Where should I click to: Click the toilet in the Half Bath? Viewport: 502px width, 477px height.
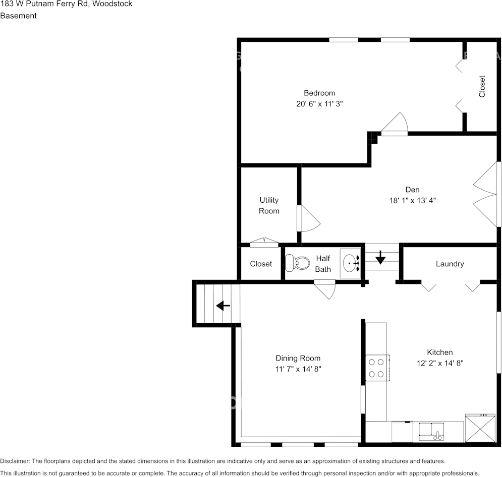pyautogui.click(x=298, y=263)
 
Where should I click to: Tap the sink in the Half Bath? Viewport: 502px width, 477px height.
pyautogui.click(x=351, y=263)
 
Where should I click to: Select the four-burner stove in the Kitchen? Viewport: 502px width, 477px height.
pyautogui.click(x=377, y=368)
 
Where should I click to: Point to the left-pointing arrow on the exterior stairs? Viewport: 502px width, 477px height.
pyautogui.click(x=223, y=306)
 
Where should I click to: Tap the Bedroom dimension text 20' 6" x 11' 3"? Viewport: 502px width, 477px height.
pyautogui.click(x=319, y=104)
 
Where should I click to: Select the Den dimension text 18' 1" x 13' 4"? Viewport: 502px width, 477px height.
pyautogui.click(x=412, y=201)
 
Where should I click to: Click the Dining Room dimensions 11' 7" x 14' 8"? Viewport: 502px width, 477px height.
pyautogui.click(x=298, y=369)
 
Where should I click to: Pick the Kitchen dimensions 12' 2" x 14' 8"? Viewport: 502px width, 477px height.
pyautogui.click(x=440, y=363)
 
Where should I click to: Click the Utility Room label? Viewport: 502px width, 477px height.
pyautogui.click(x=269, y=205)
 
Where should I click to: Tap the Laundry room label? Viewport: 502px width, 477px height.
pyautogui.click(x=450, y=264)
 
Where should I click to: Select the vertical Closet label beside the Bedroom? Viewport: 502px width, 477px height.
pyautogui.click(x=482, y=86)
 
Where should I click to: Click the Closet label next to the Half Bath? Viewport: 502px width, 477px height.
pyautogui.click(x=261, y=264)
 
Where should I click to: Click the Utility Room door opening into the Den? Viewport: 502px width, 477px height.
pyautogui.click(x=309, y=218)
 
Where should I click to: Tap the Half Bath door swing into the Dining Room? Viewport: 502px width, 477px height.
pyautogui.click(x=324, y=289)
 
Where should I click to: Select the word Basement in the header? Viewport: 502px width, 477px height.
pyautogui.click(x=19, y=16)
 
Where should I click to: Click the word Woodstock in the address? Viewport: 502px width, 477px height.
pyautogui.click(x=113, y=4)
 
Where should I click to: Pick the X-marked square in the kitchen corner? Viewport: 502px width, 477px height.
pyautogui.click(x=480, y=429)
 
